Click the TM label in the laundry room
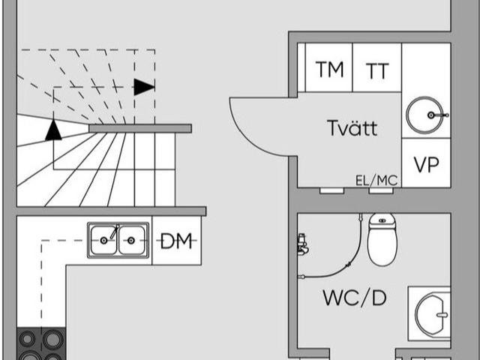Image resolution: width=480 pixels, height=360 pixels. pyautogui.click(x=329, y=69)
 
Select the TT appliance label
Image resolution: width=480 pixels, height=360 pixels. pyautogui.click(x=377, y=70)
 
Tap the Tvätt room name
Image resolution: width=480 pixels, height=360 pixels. pyautogui.click(x=352, y=127)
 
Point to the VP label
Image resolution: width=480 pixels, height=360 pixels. pyautogui.click(x=427, y=164)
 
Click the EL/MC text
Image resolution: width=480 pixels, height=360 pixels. pyautogui.click(x=376, y=181)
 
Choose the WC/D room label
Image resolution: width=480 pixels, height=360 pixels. pyautogui.click(x=355, y=298)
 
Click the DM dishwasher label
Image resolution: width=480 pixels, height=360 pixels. pyautogui.click(x=176, y=241)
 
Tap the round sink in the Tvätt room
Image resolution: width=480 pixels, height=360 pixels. pyautogui.click(x=425, y=115)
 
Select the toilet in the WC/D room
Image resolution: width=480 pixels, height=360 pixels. pyautogui.click(x=382, y=239)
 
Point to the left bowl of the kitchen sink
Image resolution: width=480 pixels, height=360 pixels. pyautogui.click(x=103, y=240)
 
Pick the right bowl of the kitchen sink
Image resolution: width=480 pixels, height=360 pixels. pyautogui.click(x=131, y=240)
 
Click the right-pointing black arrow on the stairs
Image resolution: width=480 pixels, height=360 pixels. pyautogui.click(x=144, y=87)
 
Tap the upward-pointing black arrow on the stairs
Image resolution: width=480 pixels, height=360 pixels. pyautogui.click(x=53, y=130)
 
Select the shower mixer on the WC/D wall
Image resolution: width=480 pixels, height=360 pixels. pyautogui.click(x=303, y=244)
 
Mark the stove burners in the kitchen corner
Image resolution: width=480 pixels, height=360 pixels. pyautogui.click(x=41, y=343)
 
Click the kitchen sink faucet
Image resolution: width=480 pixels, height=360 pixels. pyautogui.click(x=115, y=232)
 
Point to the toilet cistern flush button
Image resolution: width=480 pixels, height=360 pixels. pyautogui.click(x=382, y=220)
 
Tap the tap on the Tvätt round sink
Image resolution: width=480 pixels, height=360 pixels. pyautogui.click(x=439, y=115)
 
